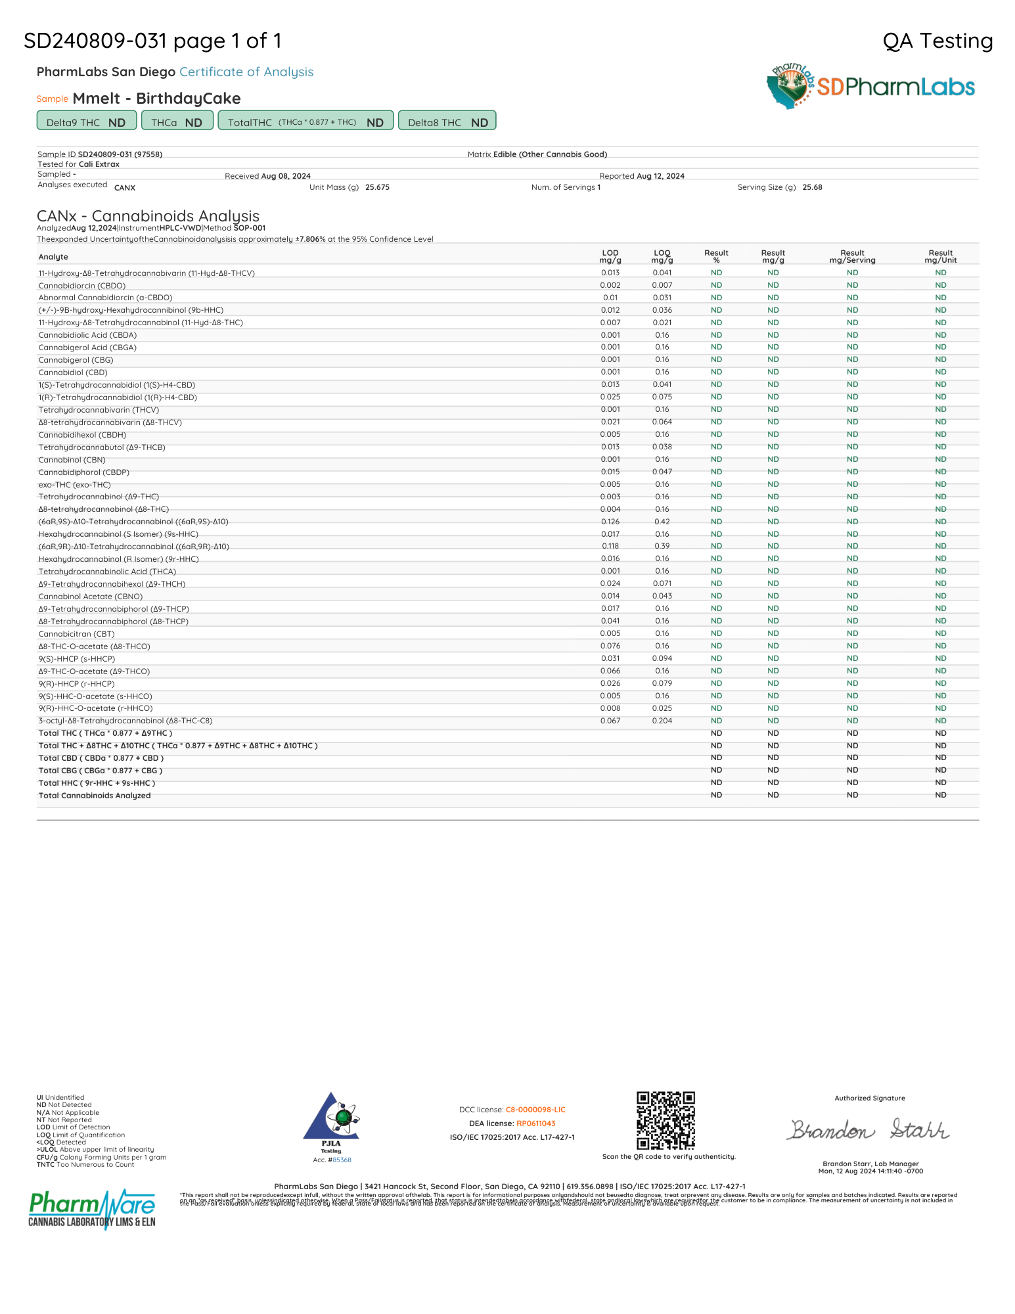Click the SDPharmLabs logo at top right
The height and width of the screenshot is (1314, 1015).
click(870, 86)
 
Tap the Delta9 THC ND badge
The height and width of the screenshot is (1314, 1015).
click(86, 122)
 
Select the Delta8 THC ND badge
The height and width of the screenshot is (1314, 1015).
click(447, 122)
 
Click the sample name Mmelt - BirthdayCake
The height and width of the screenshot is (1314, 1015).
click(156, 99)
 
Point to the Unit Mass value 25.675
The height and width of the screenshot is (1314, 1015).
click(377, 187)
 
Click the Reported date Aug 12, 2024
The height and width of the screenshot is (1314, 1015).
click(660, 176)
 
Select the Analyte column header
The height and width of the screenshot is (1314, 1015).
click(53, 257)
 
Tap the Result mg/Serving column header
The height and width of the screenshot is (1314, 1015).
click(852, 256)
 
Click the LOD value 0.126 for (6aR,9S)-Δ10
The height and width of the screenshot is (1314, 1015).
click(610, 522)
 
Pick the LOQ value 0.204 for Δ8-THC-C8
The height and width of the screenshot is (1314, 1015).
click(662, 721)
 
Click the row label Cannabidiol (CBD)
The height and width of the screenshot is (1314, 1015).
click(73, 373)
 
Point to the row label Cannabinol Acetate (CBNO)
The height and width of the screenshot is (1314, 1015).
click(91, 597)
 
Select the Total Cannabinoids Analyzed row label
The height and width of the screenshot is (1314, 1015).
click(95, 796)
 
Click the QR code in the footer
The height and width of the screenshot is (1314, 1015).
click(665, 1121)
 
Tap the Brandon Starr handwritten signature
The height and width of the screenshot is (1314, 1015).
click(869, 1130)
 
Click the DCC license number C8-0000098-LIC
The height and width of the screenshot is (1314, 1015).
click(535, 1110)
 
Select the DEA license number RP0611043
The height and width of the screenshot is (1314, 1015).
click(536, 1123)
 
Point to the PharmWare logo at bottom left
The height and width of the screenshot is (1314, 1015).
click(92, 1208)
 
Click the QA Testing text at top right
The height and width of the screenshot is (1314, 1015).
click(937, 41)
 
